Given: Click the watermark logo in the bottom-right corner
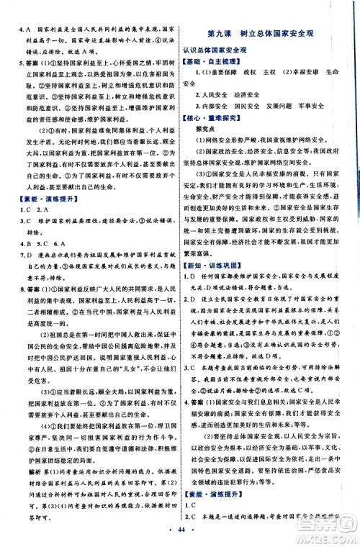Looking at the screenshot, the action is click(x=330, y=530).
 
